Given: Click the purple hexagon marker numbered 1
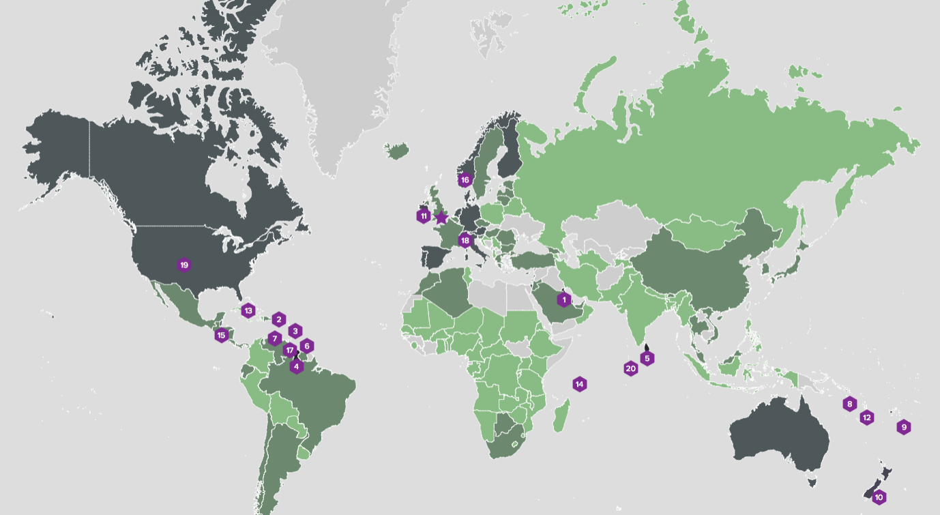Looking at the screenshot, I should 563,299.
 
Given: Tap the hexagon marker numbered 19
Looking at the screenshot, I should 183,265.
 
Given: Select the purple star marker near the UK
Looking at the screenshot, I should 441,218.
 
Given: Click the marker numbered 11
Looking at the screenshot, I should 424,216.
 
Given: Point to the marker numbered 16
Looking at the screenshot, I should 465,180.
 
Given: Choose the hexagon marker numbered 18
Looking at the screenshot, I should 465,240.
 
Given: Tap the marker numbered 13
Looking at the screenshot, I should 248,310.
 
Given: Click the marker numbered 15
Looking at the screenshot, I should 221,335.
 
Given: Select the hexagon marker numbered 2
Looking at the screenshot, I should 278,319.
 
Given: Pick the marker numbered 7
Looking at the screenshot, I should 274,338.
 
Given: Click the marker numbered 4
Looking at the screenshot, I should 296,366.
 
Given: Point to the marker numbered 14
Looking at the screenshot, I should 579,384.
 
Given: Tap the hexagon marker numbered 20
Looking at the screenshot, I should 630,368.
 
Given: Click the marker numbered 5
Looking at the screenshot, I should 647,358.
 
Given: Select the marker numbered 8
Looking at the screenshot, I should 849,404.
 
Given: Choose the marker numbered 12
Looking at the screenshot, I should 867,417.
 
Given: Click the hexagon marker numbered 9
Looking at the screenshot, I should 904,427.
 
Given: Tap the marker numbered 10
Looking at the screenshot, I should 879,497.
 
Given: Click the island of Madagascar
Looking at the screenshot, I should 561,417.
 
